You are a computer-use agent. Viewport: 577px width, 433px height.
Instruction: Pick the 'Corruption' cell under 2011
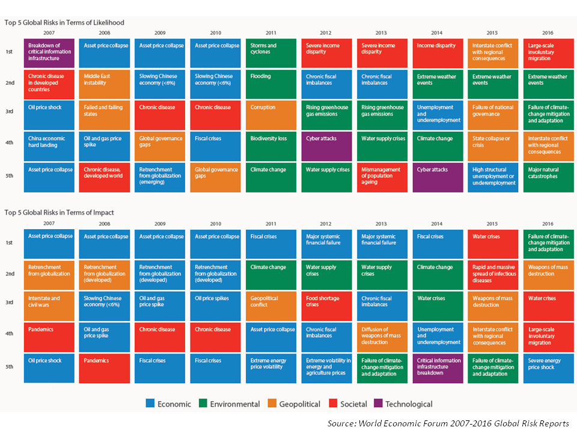tap(271, 115)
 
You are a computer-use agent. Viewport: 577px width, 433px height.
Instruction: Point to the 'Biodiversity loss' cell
tap(271, 146)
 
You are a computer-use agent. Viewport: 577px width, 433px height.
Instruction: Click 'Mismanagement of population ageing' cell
tap(382, 177)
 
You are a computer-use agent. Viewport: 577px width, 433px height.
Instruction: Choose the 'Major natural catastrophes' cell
tap(549, 177)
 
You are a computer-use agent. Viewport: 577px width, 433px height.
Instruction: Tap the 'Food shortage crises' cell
tap(327, 306)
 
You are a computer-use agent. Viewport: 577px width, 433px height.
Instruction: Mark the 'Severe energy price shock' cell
tap(549, 368)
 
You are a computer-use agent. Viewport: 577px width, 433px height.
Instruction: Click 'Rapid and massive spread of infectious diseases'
tap(493, 274)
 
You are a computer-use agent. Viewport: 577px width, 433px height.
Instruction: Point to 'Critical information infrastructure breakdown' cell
tap(438, 368)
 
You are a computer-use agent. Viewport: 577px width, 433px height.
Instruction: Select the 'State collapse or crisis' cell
tap(493, 146)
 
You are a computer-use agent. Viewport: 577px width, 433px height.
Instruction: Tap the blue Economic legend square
tap(150, 404)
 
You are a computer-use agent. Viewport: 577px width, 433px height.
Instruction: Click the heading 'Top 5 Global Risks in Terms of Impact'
tap(59, 212)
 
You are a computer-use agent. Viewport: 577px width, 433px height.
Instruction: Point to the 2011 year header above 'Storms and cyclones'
tap(271, 32)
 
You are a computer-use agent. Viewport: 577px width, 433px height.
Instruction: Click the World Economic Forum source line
tap(448, 423)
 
